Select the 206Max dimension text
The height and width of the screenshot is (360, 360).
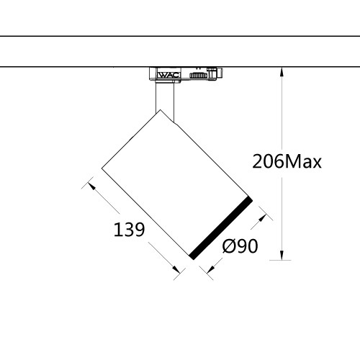pos(287,161)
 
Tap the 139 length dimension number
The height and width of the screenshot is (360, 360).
pos(130,230)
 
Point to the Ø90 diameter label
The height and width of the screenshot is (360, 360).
pos(240,247)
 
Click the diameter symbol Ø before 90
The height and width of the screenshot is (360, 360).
pos(228,247)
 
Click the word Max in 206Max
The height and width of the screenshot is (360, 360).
pos(302,161)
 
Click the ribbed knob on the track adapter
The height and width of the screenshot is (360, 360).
pos(197,74)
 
